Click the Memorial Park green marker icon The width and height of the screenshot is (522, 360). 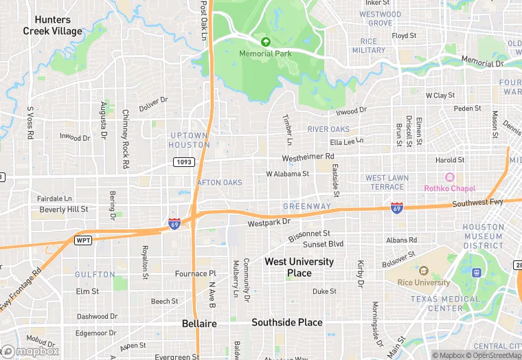pos(266,41)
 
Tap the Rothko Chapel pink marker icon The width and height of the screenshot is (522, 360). pos(450,178)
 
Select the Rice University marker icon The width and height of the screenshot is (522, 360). pos(423,271)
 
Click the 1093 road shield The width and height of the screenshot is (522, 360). pos(184,162)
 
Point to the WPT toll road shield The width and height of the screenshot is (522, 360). pos(83,240)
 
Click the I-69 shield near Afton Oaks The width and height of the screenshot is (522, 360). pos(174,223)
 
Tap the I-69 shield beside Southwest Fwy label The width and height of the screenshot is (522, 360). pos(397,207)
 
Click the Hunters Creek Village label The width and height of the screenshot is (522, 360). pos(53,25)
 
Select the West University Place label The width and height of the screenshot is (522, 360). pos(299,267)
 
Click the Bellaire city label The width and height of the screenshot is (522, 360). pos(200,323)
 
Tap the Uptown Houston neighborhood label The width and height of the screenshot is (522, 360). pos(190,140)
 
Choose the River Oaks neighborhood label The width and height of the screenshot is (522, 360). pos(328,129)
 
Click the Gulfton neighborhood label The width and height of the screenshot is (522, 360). pos(95,274)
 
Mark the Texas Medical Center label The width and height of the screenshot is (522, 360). pos(446,304)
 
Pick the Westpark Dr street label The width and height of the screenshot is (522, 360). pos(269,223)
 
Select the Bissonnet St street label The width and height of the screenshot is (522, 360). pos(308,234)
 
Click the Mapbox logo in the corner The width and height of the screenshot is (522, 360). pos(31,351)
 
